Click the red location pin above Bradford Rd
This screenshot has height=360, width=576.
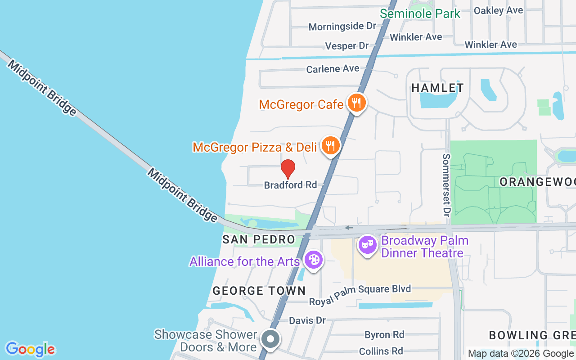288,169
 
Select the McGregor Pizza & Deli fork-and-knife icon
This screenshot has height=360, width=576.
331,145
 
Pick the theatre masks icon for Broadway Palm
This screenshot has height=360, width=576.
368,245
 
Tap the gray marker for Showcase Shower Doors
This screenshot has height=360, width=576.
270,339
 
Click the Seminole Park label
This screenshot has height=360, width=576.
420,13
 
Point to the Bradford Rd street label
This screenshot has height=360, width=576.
290,185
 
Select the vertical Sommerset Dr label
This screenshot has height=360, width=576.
446,184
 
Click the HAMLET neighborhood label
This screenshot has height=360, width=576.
437,88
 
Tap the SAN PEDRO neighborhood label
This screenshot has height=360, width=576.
259,239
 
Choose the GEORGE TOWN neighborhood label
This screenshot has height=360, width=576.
259,291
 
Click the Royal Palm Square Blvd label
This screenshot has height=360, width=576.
360,289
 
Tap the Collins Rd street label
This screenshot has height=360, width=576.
381,351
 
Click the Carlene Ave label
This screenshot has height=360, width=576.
333,69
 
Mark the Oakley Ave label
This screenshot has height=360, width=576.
498,10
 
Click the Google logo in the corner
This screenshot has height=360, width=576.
30,349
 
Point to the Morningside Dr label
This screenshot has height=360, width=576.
342,27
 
